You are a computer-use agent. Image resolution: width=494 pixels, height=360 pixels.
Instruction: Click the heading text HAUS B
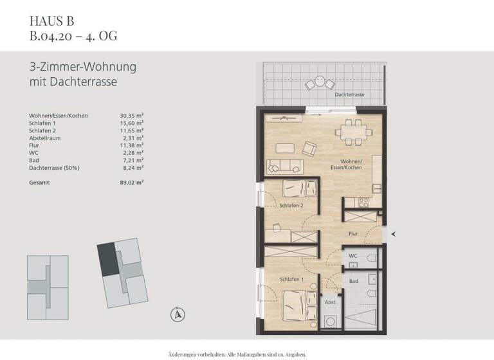(x=47, y=20)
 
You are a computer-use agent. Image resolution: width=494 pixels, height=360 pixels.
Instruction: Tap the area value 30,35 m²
(x=131, y=116)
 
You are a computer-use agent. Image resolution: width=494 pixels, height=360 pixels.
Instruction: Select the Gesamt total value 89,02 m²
(x=131, y=183)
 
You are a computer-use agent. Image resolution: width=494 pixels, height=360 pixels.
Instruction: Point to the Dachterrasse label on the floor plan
(x=349, y=94)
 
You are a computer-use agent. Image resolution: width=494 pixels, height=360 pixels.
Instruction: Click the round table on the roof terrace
(x=317, y=83)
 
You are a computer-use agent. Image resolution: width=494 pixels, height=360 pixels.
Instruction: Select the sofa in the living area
(x=280, y=166)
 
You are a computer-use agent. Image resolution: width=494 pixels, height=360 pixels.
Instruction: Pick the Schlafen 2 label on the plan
(x=291, y=206)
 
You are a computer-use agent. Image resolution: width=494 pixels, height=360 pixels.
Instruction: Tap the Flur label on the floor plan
(x=352, y=235)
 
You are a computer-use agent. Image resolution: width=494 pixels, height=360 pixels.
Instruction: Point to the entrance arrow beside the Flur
(x=394, y=235)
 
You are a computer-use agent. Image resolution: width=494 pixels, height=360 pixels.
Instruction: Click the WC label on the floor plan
(x=352, y=256)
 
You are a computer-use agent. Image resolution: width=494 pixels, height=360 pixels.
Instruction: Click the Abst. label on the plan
(x=329, y=302)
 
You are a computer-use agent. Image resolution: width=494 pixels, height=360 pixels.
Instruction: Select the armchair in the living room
(x=309, y=149)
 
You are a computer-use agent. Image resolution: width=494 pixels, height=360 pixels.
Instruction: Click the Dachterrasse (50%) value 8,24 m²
(x=131, y=167)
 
